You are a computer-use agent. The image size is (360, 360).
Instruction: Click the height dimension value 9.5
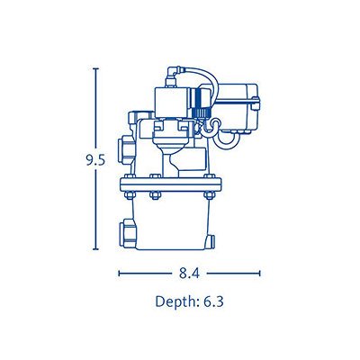pos(95,161)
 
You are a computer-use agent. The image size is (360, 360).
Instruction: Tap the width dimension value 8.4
pos(189,274)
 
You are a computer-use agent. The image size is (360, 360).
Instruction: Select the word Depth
pos(175,301)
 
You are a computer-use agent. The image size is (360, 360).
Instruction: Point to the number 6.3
pos(213,301)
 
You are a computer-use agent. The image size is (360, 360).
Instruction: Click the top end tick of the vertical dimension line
pos(95,68)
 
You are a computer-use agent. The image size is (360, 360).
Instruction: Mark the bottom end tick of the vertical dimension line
pos(95,249)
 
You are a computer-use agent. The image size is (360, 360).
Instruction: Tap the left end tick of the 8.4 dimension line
pos(120,274)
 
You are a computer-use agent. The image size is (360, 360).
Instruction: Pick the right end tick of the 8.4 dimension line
pos(259,274)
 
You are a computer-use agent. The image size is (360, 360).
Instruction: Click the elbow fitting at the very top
pos(174,75)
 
